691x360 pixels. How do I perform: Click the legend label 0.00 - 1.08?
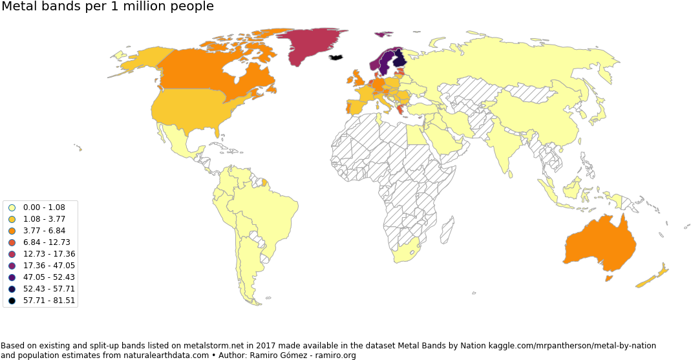(44, 207)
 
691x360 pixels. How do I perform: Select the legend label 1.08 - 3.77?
(44, 219)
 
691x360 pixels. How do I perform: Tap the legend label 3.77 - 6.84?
(44, 231)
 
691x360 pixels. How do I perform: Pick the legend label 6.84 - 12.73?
(47, 242)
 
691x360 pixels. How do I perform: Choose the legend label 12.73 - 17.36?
(48, 254)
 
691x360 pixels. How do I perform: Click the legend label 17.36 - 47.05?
(48, 266)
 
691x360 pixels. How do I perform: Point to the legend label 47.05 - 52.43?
(48, 277)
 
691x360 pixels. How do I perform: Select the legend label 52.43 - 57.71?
(48, 289)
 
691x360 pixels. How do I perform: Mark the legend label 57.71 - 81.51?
(48, 301)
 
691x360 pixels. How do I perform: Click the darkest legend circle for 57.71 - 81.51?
(12, 301)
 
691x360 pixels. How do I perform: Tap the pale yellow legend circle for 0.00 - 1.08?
(12, 207)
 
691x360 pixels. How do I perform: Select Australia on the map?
(598, 246)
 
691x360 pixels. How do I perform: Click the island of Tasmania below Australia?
(608, 279)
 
